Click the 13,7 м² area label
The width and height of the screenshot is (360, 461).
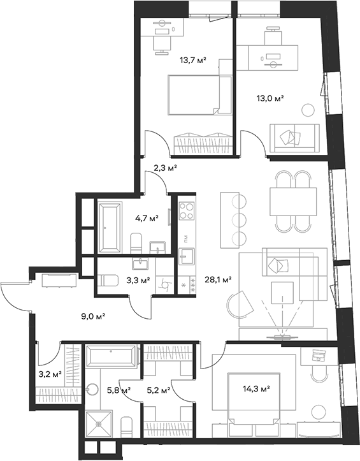[192, 61]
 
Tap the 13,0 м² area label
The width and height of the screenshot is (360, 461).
[270, 98]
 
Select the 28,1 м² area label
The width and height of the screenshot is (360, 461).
[218, 280]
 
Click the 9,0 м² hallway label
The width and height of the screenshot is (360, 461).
[93, 316]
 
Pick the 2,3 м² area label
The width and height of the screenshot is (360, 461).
[165, 168]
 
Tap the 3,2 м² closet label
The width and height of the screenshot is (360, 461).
[50, 374]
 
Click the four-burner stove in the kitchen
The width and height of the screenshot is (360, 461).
[187, 210]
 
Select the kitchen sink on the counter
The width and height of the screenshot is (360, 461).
[187, 256]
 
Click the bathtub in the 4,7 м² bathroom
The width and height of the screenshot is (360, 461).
[110, 227]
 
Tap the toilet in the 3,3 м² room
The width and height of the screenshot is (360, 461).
[108, 281]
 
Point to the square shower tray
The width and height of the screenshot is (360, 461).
[99, 424]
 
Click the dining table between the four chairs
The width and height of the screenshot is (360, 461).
[293, 201]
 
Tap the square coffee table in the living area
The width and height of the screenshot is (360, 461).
[282, 293]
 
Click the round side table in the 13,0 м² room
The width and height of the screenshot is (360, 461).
[308, 111]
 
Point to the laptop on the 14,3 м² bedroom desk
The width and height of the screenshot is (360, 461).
[318, 355]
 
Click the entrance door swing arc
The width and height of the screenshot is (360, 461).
[9, 297]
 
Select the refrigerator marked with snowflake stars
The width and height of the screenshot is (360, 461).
[187, 285]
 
